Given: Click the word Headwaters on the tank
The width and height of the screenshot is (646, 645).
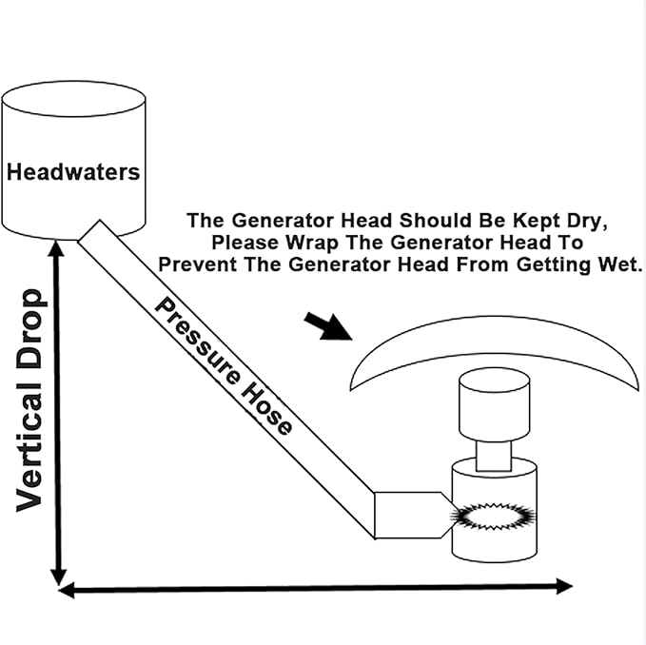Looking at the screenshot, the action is pyautogui.click(x=73, y=172).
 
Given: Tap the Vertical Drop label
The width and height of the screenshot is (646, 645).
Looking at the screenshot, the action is pyautogui.click(x=29, y=401).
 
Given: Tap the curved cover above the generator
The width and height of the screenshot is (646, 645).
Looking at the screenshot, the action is pyautogui.click(x=495, y=353).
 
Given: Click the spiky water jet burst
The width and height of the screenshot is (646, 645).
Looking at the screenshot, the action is pyautogui.click(x=493, y=516).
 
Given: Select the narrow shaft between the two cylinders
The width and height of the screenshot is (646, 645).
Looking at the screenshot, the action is pyautogui.click(x=494, y=457).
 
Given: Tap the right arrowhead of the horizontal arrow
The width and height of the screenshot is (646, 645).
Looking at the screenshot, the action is pyautogui.click(x=564, y=586).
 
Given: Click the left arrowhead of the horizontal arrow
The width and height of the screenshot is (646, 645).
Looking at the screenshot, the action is pyautogui.click(x=67, y=591).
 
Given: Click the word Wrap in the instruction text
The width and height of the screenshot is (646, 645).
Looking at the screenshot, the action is pyautogui.click(x=313, y=243).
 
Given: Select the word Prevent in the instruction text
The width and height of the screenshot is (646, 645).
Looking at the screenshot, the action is pyautogui.click(x=198, y=264).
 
